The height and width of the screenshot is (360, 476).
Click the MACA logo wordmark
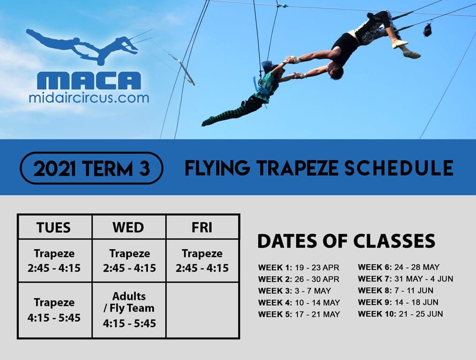click(x=89, y=81)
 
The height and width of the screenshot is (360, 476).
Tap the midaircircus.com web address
click(x=89, y=98)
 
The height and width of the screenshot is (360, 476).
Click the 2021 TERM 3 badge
click(x=92, y=168)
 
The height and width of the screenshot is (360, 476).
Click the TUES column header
click(x=54, y=227)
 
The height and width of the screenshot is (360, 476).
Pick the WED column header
click(x=129, y=227)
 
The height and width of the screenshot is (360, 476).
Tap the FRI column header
click(x=202, y=227)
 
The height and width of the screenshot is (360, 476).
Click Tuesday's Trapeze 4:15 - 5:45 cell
click(x=54, y=310)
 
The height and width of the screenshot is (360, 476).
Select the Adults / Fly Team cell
click(x=129, y=310)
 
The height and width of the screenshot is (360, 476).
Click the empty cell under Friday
click(x=202, y=310)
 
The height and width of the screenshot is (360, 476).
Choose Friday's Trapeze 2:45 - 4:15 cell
click(x=202, y=261)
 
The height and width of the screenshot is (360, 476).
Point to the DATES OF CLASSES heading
click(x=346, y=241)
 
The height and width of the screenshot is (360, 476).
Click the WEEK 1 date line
click(x=299, y=268)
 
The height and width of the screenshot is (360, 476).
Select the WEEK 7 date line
click(x=405, y=279)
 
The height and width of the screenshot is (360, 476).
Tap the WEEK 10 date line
click(x=400, y=314)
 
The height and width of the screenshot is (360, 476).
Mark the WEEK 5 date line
click(x=299, y=314)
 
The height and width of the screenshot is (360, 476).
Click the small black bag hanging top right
click(x=428, y=30)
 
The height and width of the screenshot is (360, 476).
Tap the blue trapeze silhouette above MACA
click(x=82, y=46)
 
